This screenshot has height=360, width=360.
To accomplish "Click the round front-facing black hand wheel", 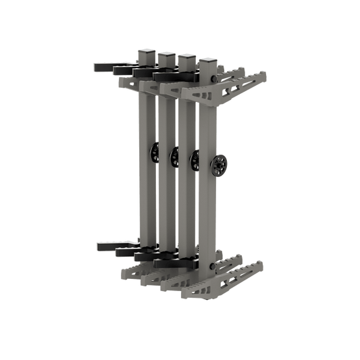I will point(219,165).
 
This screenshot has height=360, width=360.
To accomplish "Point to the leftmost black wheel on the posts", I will point(156,153).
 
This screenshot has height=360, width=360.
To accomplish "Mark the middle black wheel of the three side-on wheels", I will point(175,157).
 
